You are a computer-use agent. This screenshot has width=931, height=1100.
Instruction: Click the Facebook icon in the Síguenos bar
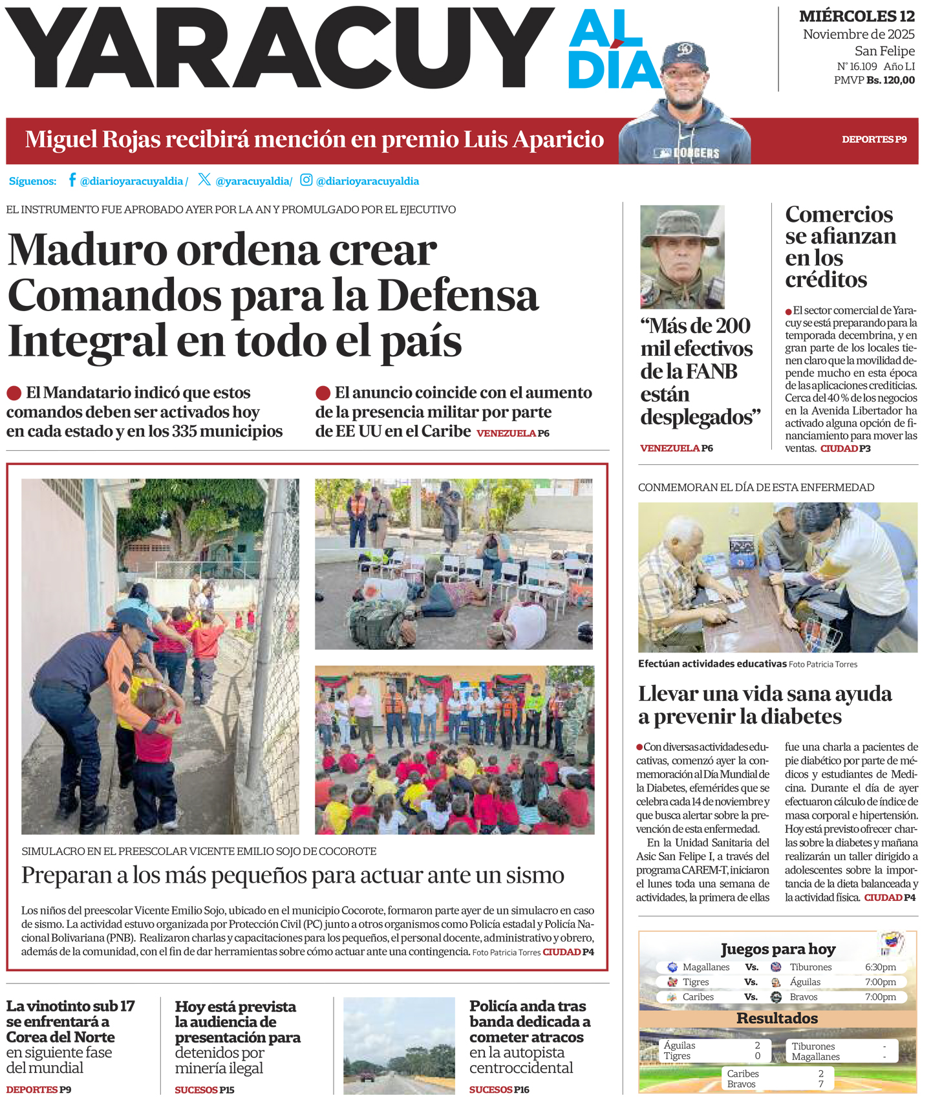pos(72,180)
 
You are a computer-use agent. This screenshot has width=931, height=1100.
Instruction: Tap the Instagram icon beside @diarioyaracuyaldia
pos(306,180)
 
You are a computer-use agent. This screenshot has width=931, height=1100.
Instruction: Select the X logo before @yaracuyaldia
pos(204,180)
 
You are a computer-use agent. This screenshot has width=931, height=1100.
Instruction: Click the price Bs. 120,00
pos(890,80)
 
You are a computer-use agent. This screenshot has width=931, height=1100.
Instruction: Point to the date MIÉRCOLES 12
pos(857,16)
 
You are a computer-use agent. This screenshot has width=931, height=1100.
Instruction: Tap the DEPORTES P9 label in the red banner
pos(874,139)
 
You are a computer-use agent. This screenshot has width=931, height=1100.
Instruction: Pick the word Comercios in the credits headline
pos(839,214)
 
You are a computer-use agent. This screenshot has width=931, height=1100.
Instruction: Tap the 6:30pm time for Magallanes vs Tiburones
pos(880,967)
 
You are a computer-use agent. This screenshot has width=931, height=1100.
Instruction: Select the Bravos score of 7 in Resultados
pos(820,1084)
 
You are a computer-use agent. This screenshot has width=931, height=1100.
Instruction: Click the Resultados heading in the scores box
pos(777,1018)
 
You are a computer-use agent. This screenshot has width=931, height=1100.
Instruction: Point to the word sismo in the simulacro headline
pos(532,875)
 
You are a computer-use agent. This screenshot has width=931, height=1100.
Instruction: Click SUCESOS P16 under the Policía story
pos(499,1090)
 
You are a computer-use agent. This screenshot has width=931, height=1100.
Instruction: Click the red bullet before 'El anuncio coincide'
pos(323,393)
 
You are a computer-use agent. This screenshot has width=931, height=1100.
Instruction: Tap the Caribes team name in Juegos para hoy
pos(698,997)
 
